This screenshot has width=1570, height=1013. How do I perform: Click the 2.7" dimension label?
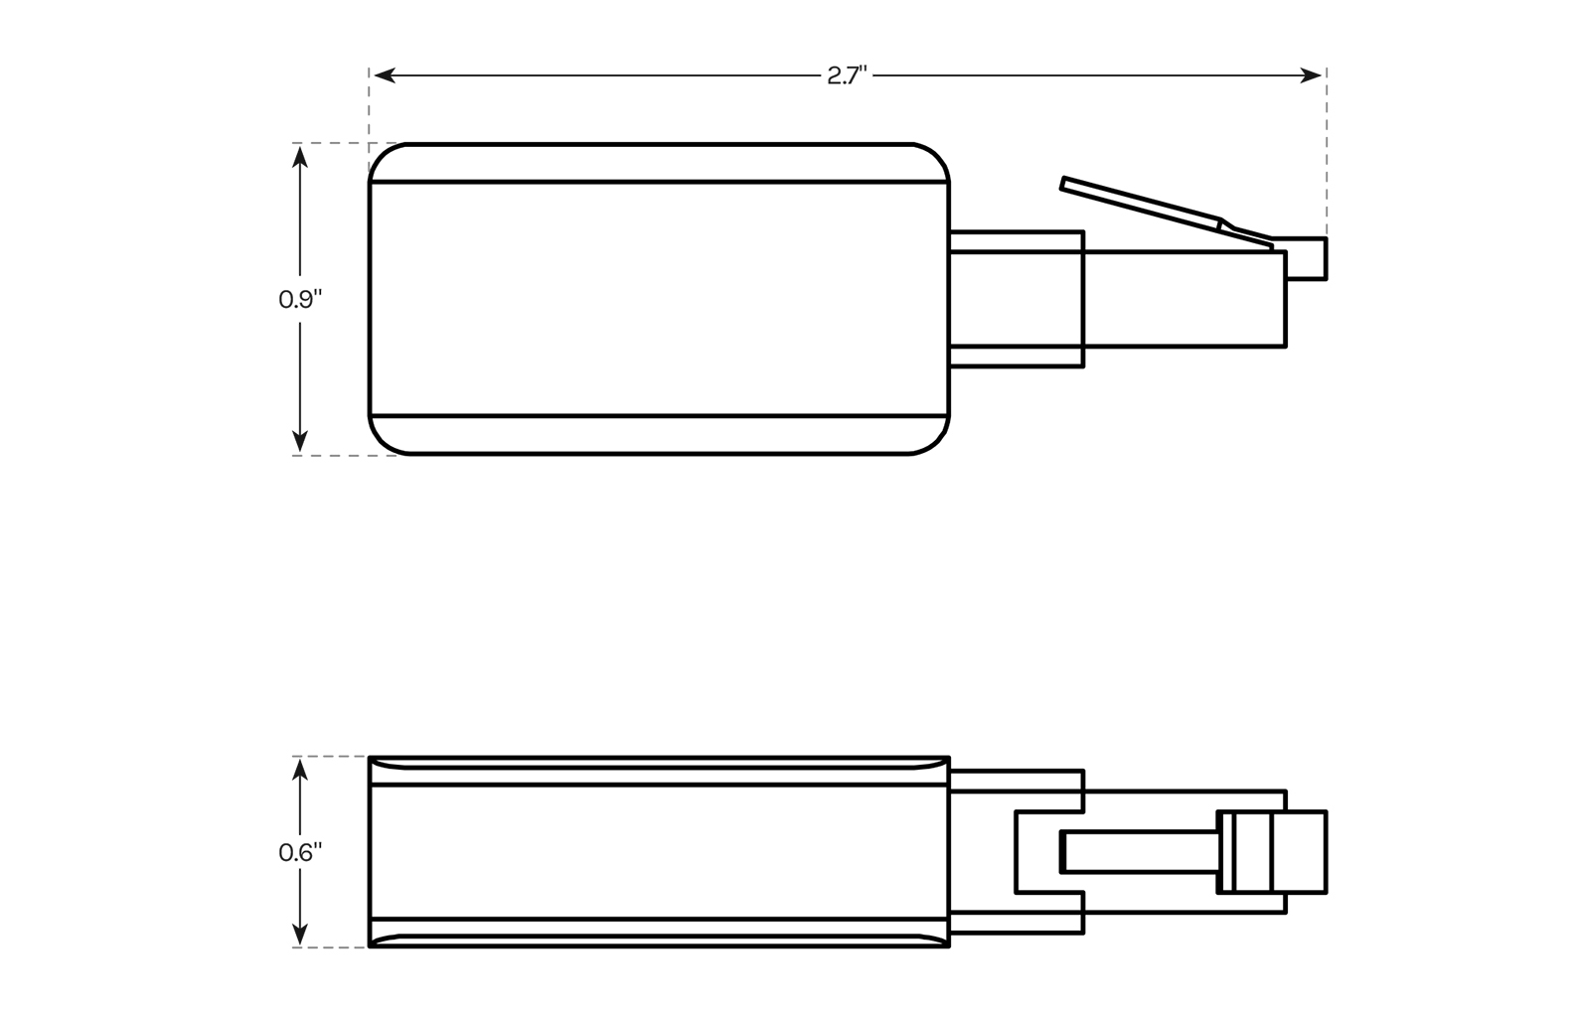(847, 75)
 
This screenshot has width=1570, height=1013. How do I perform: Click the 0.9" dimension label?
(300, 299)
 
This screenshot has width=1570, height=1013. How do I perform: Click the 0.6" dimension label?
(300, 852)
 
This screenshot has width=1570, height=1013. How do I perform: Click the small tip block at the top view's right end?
(1307, 259)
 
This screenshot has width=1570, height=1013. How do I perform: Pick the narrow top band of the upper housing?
(659, 163)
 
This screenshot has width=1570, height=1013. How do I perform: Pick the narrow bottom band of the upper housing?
(659, 435)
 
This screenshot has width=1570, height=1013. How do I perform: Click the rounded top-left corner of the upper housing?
(383, 157)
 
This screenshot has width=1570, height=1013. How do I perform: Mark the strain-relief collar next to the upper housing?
(1016, 299)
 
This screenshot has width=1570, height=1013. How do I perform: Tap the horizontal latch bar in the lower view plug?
(1141, 852)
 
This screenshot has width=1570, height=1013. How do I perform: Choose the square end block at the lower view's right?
(1299, 852)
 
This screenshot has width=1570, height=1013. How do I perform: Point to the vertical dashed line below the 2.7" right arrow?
(1327, 149)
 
